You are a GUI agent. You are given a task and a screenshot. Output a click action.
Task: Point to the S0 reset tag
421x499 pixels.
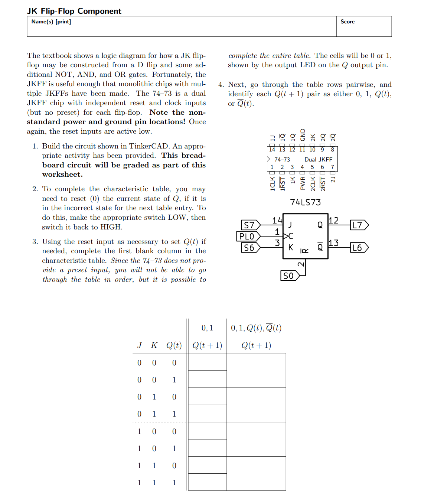(289, 276)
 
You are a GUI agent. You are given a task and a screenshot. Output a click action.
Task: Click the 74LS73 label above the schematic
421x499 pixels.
(306, 202)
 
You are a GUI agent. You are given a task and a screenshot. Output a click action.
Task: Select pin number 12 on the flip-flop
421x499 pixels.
(334, 221)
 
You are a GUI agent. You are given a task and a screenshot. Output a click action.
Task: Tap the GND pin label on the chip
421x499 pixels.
(303, 135)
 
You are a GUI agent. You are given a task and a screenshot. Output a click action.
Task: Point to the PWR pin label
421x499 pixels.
(303, 183)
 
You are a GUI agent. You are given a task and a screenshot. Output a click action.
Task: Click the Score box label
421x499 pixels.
(347, 22)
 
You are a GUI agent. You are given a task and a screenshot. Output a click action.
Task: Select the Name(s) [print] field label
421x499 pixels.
(51, 22)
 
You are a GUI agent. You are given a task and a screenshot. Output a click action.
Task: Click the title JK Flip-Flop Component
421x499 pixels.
(74, 11)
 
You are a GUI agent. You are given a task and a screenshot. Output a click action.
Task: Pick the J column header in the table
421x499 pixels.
(139, 345)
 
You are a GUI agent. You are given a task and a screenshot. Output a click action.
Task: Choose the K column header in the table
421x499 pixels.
(154, 345)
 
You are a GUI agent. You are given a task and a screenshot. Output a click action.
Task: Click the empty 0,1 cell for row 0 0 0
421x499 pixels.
(208, 362)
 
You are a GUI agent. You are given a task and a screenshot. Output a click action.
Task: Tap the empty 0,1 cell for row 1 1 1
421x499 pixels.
(208, 482)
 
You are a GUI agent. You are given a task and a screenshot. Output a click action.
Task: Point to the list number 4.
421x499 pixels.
(221, 85)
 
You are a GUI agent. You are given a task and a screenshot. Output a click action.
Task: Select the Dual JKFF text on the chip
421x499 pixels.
(318, 160)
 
